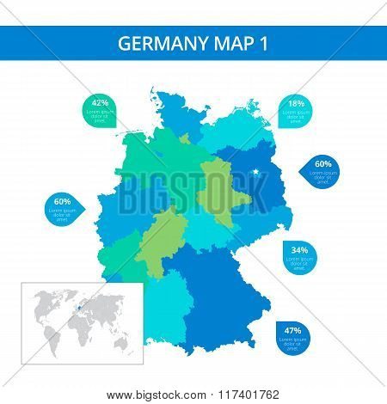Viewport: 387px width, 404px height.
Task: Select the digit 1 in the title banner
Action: tap(255, 44)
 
